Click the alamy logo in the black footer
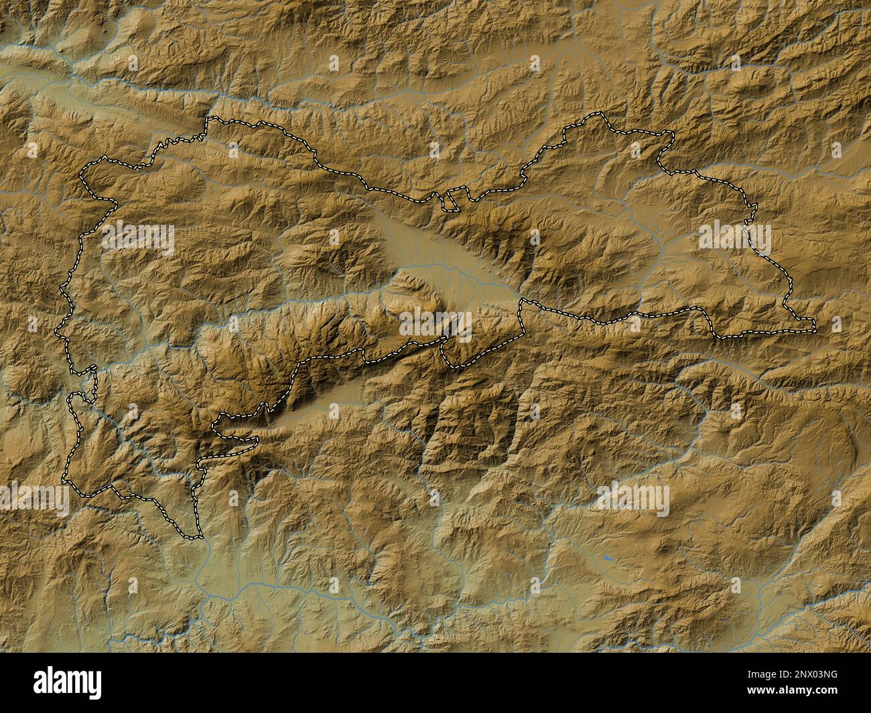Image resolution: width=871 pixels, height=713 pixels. [x=60, y=686]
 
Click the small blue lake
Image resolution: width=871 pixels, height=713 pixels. [x=607, y=557]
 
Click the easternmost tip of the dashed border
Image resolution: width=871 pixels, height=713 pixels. [x=815, y=327]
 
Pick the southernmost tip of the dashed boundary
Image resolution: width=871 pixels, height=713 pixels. [x=194, y=537]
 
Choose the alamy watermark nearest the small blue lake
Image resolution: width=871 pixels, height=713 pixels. [x=633, y=499]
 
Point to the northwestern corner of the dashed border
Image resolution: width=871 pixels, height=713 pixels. [x=208, y=120]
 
